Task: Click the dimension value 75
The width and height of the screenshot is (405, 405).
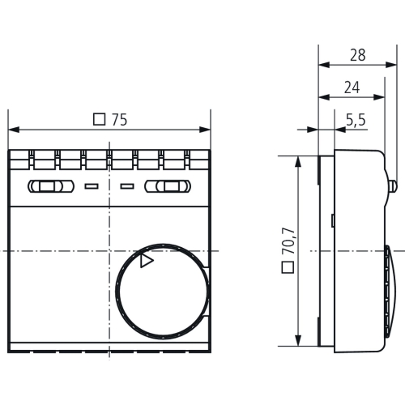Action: pos(119,120)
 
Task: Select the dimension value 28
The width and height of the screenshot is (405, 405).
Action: pos(357,56)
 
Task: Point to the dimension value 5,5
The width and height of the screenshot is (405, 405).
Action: pos(356,120)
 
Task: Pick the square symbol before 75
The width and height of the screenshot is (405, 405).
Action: pos(100,120)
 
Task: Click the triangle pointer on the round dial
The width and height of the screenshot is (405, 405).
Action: pos(146,260)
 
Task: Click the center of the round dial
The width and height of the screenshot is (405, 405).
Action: pos(160,289)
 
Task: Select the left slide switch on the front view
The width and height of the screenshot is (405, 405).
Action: pos(49,187)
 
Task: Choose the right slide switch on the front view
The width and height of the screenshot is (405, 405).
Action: pos(168,187)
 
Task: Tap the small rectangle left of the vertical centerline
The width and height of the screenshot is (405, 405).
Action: pos(91,187)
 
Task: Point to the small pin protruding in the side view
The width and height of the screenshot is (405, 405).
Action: pos(392,185)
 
